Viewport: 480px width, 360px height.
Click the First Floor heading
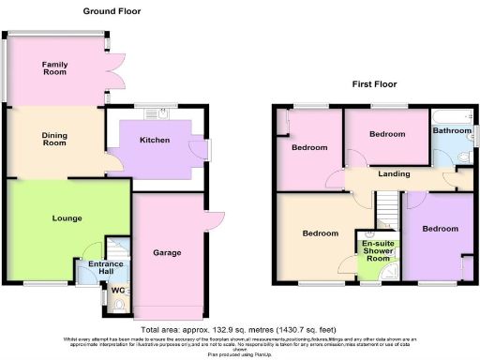(372, 83)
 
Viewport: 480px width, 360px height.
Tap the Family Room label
(54, 67)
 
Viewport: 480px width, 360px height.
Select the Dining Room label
(54, 140)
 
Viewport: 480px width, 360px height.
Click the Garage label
(167, 253)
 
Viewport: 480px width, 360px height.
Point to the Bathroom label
(452, 130)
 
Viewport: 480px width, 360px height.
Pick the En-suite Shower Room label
(379, 253)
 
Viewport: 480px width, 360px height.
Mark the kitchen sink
(151, 115)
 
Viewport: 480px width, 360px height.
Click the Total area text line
(239, 330)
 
